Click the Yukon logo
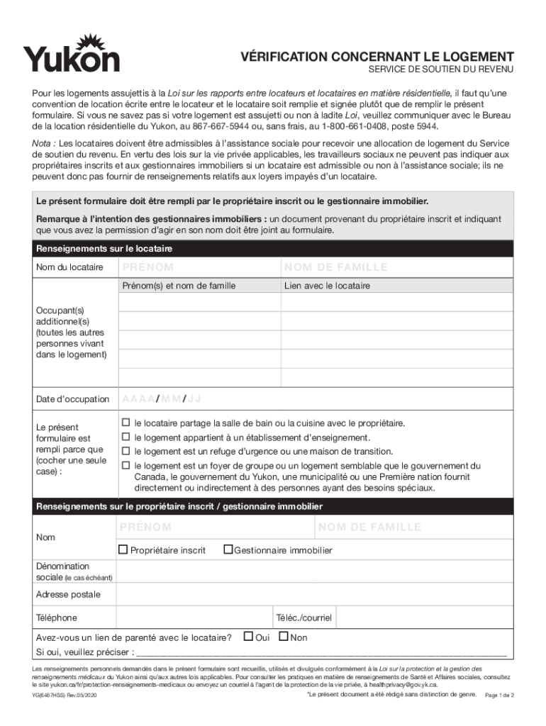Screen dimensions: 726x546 click(x=71, y=53)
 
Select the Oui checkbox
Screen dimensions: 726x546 click(x=248, y=637)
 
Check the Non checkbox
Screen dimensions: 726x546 click(x=284, y=637)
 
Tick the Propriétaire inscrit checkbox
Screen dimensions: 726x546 click(x=123, y=549)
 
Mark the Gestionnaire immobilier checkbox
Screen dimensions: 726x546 click(x=228, y=549)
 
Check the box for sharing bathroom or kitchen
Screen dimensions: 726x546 click(x=126, y=423)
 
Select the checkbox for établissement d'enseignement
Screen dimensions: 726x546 click(x=126, y=437)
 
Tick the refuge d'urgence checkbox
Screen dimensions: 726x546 click(x=126, y=451)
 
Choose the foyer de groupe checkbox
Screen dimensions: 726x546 click(x=126, y=466)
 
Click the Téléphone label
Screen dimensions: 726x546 click(x=57, y=618)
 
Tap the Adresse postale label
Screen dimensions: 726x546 click(x=68, y=594)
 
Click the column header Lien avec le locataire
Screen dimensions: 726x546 click(x=327, y=286)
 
